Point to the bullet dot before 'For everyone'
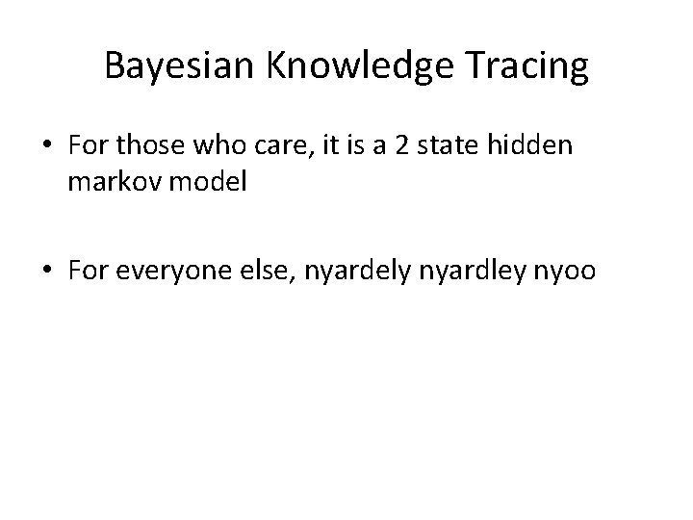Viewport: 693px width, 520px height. coord(47,273)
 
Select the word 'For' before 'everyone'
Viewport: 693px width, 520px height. coord(87,273)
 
